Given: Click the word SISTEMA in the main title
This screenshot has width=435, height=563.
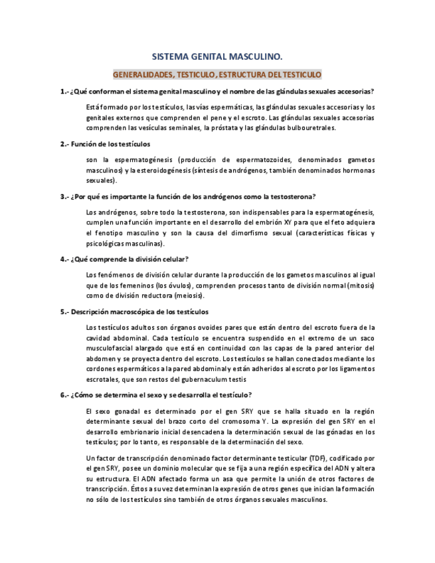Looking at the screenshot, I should (171, 58).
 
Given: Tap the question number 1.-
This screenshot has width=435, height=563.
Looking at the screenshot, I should (64, 91).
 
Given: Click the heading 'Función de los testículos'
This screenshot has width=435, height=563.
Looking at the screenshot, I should (110, 143).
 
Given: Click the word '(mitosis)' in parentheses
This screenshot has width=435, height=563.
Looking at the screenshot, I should (358, 285).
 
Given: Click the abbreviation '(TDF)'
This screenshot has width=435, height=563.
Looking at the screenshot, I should (318, 458).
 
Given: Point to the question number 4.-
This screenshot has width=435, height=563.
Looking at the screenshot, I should (64, 259).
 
